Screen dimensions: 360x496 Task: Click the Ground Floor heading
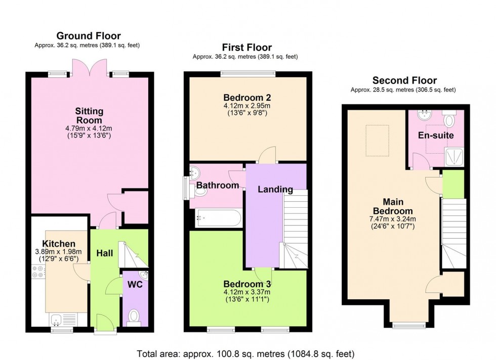pyautogui.click(x=88, y=35)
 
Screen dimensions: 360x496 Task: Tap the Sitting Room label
pyautogui.click(x=89, y=116)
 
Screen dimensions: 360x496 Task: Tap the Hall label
pyautogui.click(x=104, y=252)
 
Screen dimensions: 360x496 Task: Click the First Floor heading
pyautogui.click(x=246, y=48)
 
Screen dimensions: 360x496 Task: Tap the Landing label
pyautogui.click(x=275, y=190)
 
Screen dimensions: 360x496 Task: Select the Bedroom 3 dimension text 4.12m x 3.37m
pyautogui.click(x=247, y=292)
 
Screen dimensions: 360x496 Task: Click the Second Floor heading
pyautogui.click(x=404, y=80)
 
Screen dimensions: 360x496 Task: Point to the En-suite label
pyautogui.click(x=435, y=136)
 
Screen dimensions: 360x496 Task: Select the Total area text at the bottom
pyautogui.click(x=245, y=353)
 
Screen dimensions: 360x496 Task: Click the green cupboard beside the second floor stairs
pyautogui.click(x=453, y=184)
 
